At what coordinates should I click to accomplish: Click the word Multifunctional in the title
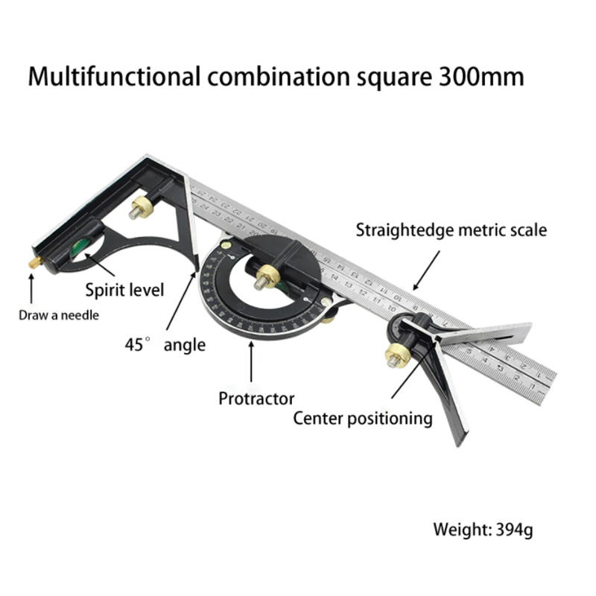[x=113, y=77]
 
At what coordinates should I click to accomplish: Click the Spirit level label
[x=124, y=289]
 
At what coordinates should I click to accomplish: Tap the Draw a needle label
[x=59, y=314]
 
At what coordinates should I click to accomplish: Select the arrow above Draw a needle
[x=31, y=288]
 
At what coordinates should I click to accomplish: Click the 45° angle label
[x=165, y=344]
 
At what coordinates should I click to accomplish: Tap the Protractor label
[x=256, y=399]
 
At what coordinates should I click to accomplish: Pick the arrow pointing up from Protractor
[x=250, y=361]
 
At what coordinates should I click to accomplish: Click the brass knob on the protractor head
[x=262, y=281]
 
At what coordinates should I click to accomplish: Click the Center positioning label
[x=363, y=418]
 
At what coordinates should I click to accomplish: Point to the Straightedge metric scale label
[x=451, y=229]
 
